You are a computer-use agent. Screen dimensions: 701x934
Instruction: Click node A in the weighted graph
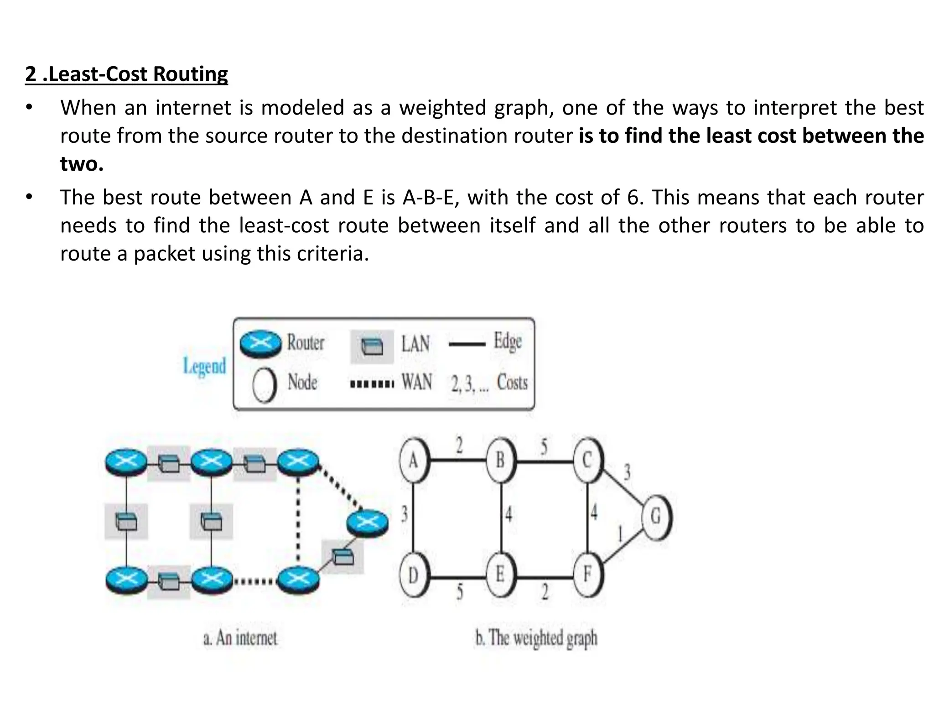pos(413,460)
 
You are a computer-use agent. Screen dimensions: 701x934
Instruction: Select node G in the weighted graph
pos(656,517)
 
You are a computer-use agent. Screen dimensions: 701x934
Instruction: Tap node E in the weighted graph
pos(500,574)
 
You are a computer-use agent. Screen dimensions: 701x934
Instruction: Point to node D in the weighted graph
pos(413,575)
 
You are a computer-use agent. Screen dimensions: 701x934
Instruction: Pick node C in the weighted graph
pos(587,460)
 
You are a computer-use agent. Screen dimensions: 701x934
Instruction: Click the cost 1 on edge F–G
pos(620,533)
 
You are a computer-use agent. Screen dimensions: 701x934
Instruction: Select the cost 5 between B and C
pos(544,447)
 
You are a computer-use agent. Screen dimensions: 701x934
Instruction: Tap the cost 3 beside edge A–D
pos(404,514)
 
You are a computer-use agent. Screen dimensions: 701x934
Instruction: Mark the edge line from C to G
pos(623,488)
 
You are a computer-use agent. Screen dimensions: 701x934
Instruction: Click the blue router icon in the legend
pos(261,344)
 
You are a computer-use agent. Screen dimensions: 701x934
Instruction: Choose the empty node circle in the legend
pos(265,385)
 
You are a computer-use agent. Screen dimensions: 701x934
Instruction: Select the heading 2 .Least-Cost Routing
pos(126,74)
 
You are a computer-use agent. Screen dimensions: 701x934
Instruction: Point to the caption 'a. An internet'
pos(240,638)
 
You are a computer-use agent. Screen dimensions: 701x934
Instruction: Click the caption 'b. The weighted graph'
pos(536,638)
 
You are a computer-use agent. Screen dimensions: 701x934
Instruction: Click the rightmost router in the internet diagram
pos(368,522)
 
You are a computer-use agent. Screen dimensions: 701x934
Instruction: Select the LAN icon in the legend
pos(372,346)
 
